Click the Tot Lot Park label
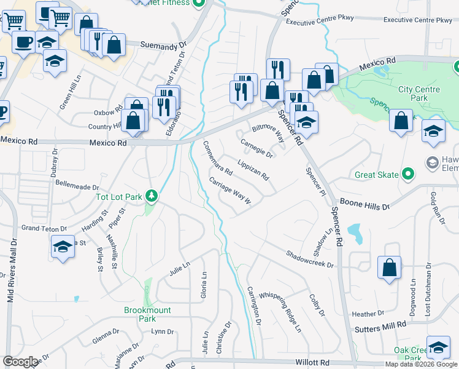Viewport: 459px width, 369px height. (x=118, y=197)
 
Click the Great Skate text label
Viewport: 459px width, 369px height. (x=377, y=175)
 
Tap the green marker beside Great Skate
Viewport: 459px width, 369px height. (x=405, y=175)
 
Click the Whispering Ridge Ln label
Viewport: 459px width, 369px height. (x=280, y=312)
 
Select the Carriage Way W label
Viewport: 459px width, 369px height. (x=231, y=192)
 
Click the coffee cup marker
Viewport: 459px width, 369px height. (x=24, y=42)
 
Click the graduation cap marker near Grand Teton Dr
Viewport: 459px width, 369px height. (x=61, y=247)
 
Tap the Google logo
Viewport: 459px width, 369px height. (x=20, y=362)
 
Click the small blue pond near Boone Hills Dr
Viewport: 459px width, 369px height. (x=354, y=232)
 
